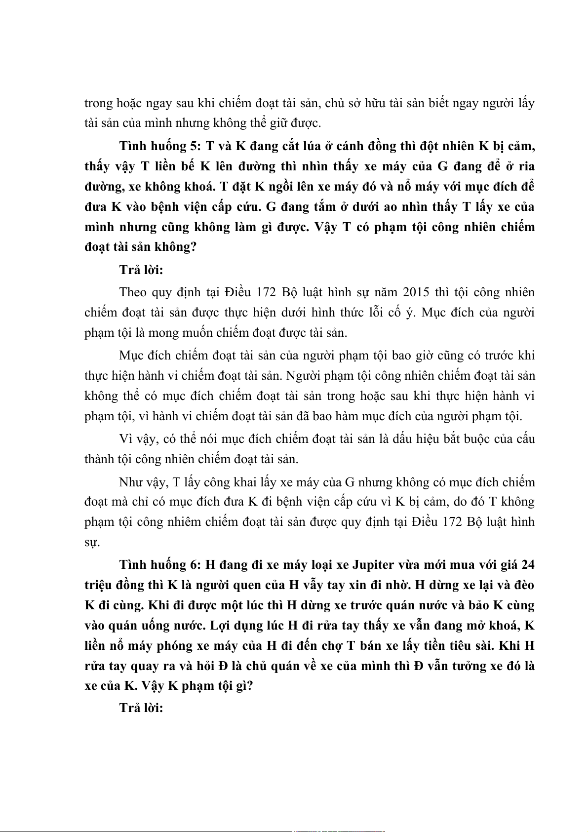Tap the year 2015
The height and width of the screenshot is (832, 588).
coord(416,292)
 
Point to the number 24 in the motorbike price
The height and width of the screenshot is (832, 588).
coord(527,564)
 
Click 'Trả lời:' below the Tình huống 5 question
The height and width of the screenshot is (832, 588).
coord(141,270)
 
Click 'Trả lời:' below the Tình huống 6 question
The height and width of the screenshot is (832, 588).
coord(141,708)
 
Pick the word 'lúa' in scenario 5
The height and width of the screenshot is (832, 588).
coord(310,146)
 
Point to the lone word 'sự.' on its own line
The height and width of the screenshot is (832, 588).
coord(92,542)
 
